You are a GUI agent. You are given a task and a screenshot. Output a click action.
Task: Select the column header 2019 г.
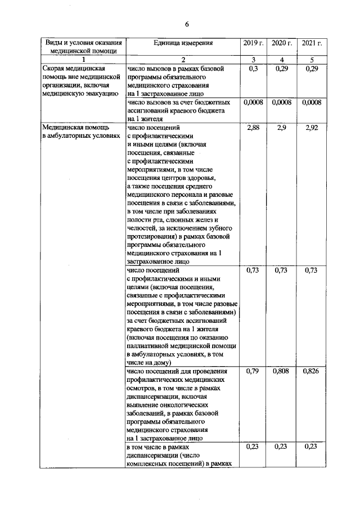tap(253, 43)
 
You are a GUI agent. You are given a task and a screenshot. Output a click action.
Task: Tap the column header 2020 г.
tap(282, 43)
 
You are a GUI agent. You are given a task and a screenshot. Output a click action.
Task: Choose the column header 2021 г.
tap(311, 43)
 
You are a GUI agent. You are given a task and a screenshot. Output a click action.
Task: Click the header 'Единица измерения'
tap(183, 43)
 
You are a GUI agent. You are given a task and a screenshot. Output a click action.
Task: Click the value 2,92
tap(311, 129)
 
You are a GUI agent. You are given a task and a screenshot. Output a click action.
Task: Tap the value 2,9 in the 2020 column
tap(282, 129)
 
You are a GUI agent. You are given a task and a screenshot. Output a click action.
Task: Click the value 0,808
tap(282, 372)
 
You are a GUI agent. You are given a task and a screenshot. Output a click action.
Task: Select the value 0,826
tap(311, 372)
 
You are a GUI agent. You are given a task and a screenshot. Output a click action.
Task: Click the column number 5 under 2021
tap(311, 60)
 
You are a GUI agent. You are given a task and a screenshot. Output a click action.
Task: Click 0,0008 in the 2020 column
tap(282, 103)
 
